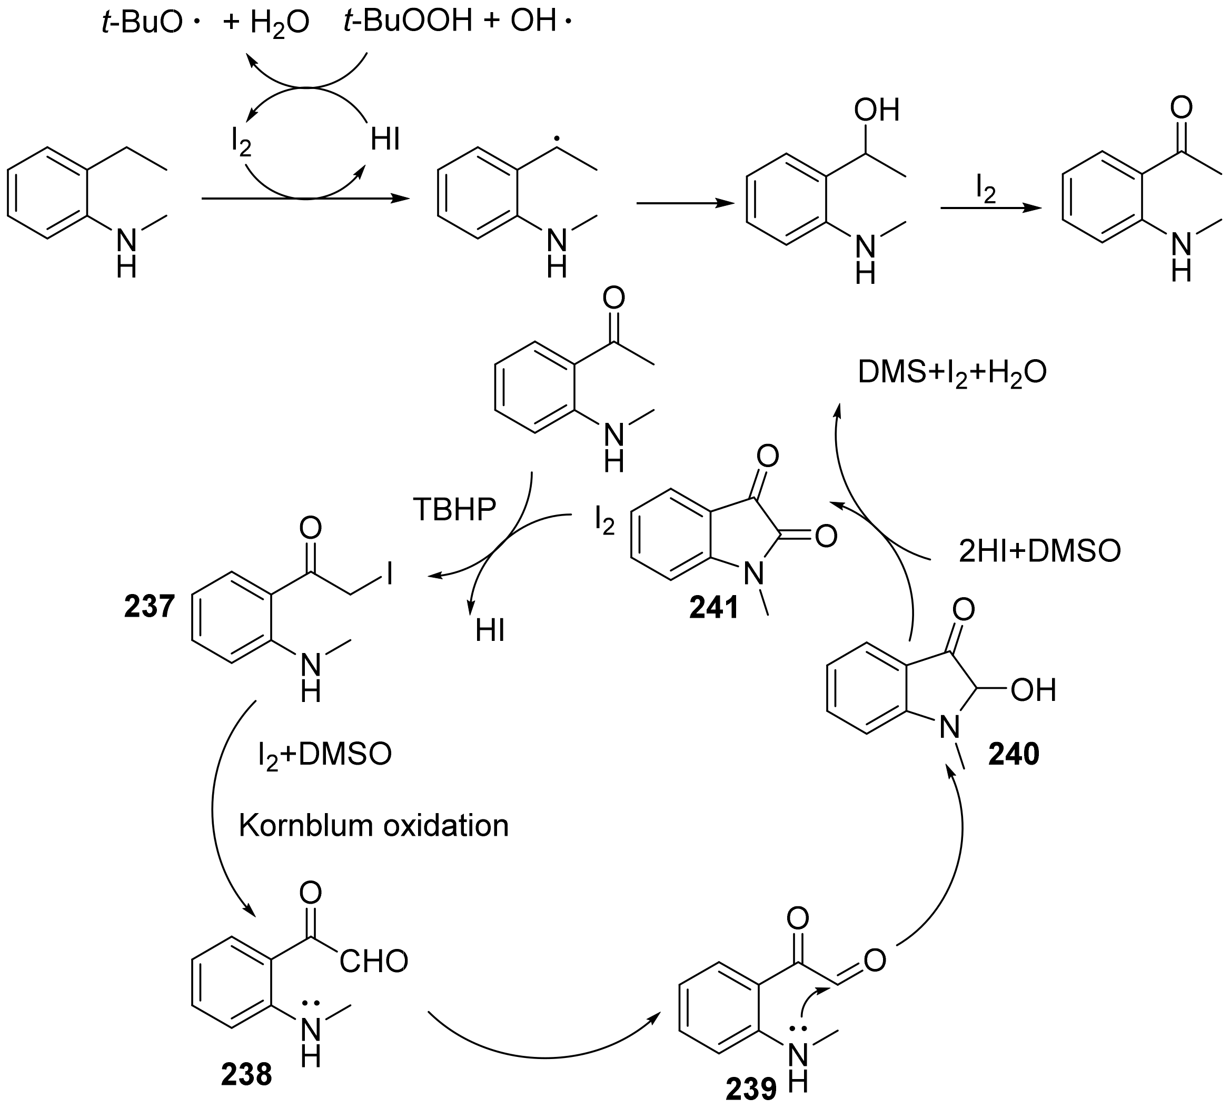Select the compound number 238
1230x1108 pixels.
coord(246,1074)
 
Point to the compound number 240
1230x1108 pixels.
coord(1014,754)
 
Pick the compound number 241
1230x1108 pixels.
coord(714,608)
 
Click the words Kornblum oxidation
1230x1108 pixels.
coord(373,826)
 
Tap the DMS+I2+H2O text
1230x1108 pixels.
coord(952,372)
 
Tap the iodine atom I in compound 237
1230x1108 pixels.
coord(388,573)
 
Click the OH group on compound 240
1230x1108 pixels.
coord(1033,690)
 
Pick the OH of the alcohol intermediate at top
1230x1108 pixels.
coord(876,110)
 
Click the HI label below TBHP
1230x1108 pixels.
coord(490,631)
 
